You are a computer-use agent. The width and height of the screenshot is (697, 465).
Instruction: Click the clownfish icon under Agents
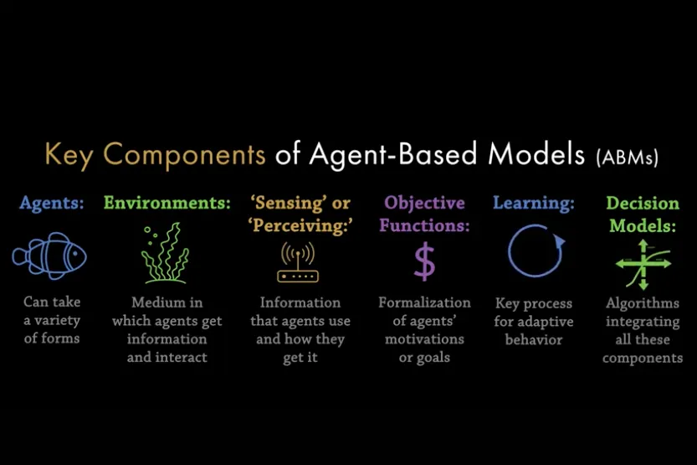coord(49,256)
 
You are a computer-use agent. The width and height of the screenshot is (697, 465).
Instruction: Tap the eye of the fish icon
coord(75,254)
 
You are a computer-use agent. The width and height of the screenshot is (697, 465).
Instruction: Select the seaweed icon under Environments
coord(165,253)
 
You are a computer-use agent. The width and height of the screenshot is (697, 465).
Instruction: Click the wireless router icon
coord(298,262)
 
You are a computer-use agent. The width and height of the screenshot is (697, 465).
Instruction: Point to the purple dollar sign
coord(424,261)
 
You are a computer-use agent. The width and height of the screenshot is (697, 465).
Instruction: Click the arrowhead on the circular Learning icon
coord(559,242)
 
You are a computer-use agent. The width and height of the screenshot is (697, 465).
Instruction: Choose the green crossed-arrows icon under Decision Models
coord(643,264)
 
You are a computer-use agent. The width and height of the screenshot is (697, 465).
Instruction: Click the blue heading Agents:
coord(52,203)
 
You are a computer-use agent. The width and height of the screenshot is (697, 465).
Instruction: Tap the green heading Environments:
coord(167,203)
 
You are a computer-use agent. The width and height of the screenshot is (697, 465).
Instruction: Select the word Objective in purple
coord(424,204)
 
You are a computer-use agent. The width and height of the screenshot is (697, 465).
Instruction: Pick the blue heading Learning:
coord(534,204)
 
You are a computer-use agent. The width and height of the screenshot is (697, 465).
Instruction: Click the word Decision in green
coord(643,203)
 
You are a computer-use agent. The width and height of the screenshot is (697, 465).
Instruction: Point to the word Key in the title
coord(69,155)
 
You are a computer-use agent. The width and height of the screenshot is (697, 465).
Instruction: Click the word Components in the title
coord(184,156)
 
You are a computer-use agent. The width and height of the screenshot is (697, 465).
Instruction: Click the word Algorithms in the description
coord(643,303)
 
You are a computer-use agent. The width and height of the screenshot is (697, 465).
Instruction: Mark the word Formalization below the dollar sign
coord(424,302)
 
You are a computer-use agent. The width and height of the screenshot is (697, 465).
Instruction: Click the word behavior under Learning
coord(534,340)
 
